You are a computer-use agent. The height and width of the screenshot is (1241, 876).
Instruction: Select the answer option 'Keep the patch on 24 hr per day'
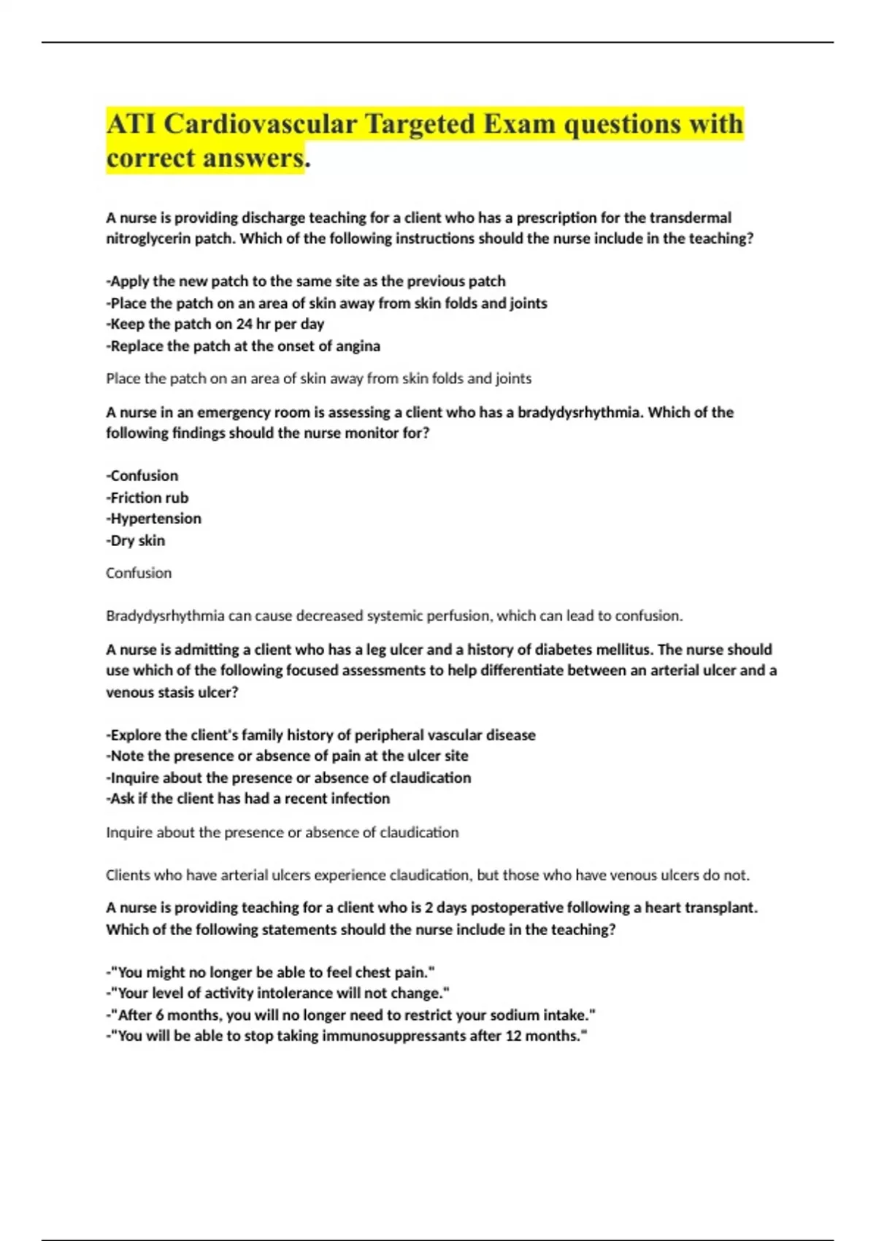tap(215, 324)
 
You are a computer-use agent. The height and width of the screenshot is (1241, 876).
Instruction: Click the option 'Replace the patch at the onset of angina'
tap(243, 346)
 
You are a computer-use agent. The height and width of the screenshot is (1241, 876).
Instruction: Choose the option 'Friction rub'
tap(147, 498)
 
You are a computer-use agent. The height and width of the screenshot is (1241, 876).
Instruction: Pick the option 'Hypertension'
tap(154, 519)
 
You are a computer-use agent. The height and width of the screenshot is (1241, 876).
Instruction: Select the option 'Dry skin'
tap(136, 541)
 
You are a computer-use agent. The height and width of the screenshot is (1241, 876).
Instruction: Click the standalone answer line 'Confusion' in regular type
tap(139, 573)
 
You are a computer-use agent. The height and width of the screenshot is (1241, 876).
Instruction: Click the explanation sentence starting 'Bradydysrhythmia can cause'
tap(394, 616)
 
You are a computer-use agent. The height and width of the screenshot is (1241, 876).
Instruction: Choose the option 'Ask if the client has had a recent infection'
tap(248, 799)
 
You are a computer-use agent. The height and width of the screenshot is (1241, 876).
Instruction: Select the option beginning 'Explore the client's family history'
tap(321, 735)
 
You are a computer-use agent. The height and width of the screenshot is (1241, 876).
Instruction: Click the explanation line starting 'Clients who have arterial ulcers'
tap(428, 875)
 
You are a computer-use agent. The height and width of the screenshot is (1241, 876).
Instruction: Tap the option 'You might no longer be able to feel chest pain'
tap(270, 972)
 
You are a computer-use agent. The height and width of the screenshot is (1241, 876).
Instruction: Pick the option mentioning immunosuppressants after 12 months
tap(347, 1036)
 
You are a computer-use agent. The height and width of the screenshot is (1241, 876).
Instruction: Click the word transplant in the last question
tap(719, 908)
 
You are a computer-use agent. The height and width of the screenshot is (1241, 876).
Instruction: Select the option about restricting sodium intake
tap(351, 1015)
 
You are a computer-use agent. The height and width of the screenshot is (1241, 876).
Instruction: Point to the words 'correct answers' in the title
tap(204, 158)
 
